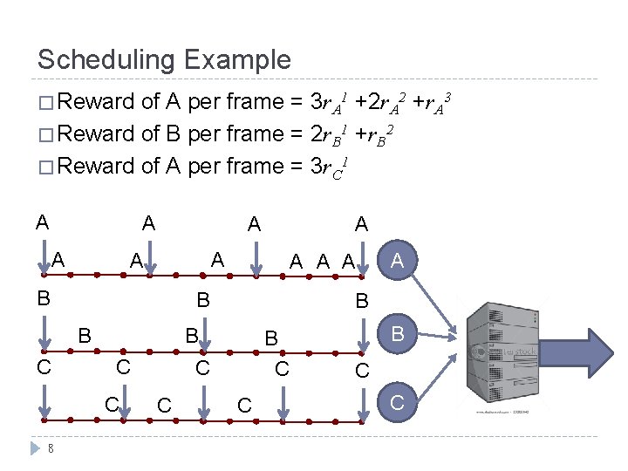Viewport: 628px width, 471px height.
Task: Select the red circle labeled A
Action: pos(398,259)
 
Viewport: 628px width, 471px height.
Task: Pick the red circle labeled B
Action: pos(398,332)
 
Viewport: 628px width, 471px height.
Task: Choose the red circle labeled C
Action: pos(398,403)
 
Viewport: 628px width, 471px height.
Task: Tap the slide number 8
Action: pos(51,449)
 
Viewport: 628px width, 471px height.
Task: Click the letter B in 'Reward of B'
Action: pos(172,134)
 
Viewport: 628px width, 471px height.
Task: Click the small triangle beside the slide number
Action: pos(36,448)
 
